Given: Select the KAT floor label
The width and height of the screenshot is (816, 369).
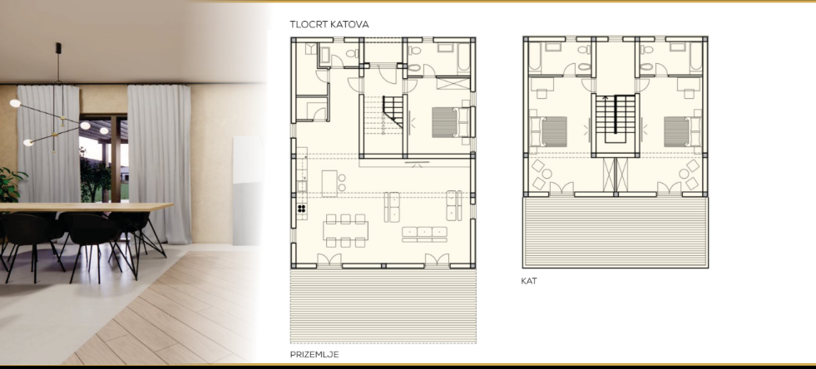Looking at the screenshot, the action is click(x=529, y=281).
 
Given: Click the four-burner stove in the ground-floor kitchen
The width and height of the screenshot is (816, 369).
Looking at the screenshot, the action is click(x=302, y=209).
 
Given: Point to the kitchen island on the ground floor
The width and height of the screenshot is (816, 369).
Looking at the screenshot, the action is click(x=329, y=184).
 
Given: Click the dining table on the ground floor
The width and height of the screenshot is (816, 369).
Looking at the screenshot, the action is click(x=345, y=230).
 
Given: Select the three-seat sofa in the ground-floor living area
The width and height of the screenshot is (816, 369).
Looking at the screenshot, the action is click(x=425, y=234).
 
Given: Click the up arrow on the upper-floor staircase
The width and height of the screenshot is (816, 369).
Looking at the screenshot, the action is click(x=606, y=99).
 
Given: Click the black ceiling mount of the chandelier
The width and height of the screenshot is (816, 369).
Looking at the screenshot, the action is click(x=57, y=47).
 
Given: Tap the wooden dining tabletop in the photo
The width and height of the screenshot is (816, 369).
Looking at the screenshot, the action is click(x=86, y=208).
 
